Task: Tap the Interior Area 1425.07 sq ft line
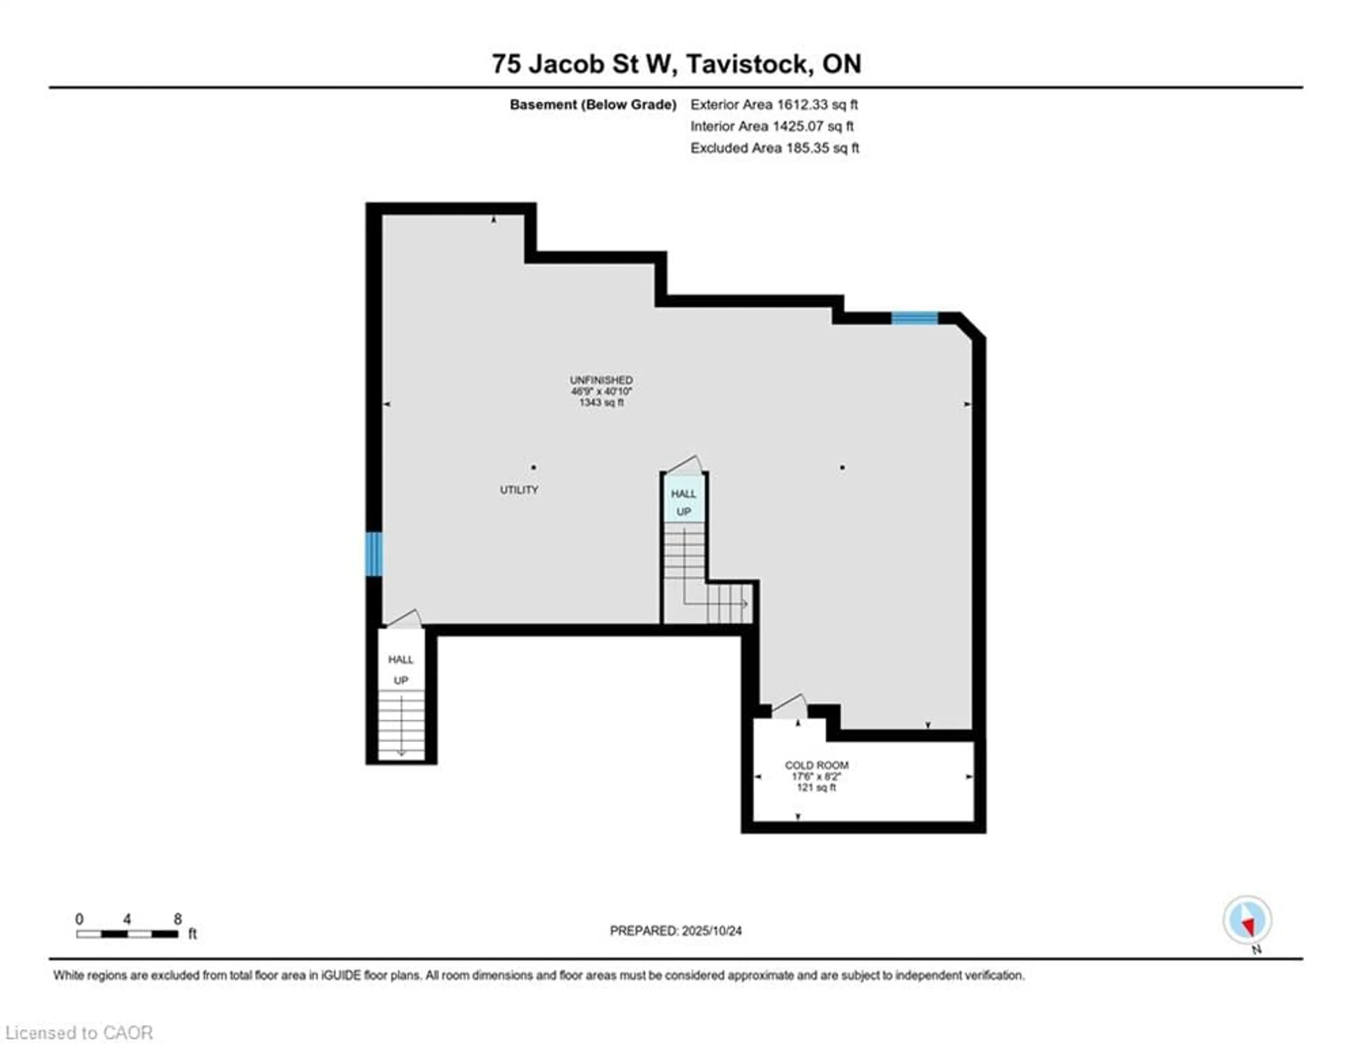click(772, 126)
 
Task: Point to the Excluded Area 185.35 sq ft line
click(774, 148)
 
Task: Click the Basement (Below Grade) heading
click(592, 105)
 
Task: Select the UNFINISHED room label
click(601, 380)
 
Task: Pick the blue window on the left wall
click(374, 554)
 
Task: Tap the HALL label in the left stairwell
click(400, 659)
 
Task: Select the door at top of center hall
click(684, 464)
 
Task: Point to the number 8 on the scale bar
click(178, 919)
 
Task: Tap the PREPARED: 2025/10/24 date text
click(675, 930)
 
